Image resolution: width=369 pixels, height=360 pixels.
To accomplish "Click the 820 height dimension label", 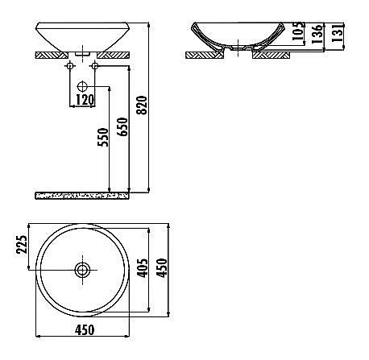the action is [142, 106].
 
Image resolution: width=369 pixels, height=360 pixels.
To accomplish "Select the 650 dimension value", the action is [123, 126].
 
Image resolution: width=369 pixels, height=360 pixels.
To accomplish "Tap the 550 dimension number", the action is [103, 137].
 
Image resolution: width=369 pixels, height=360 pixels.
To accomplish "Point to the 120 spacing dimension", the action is [85, 100].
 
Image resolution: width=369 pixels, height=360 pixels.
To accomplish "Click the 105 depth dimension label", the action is [298, 31].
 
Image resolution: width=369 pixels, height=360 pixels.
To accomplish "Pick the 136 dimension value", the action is [317, 34].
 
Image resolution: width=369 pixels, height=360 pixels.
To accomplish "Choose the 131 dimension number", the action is [338, 32].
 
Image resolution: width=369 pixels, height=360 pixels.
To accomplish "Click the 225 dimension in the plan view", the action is [22, 244].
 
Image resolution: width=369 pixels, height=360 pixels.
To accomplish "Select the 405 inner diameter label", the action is [143, 268].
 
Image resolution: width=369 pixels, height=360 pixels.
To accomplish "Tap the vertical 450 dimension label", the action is [162, 267].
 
